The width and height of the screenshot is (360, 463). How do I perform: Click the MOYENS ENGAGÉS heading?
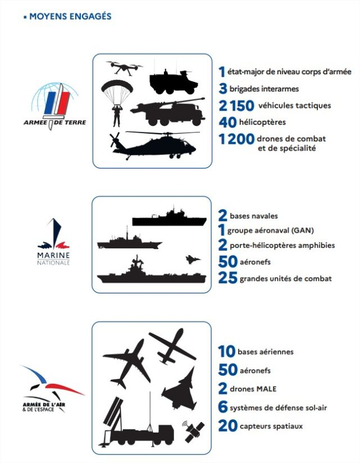[x=70, y=16]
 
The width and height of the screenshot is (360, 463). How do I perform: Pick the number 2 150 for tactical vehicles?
[x=236, y=105]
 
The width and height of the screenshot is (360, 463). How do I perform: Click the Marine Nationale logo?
[x=54, y=242]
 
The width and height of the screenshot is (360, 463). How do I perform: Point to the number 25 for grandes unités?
[x=227, y=278]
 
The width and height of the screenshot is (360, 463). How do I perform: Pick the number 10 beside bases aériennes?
[x=226, y=352]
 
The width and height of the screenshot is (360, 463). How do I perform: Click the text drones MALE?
[x=250, y=389]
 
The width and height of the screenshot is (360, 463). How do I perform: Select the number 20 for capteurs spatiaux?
[x=227, y=426]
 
